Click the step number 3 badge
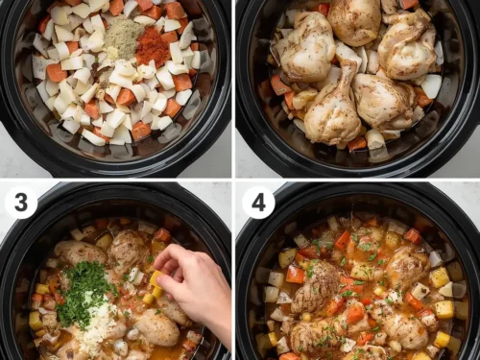[x=20, y=203]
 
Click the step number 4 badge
[x=258, y=203]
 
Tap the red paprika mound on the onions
[x=152, y=46]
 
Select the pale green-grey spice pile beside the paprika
[x=122, y=38]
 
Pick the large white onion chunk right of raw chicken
[x=432, y=86]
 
